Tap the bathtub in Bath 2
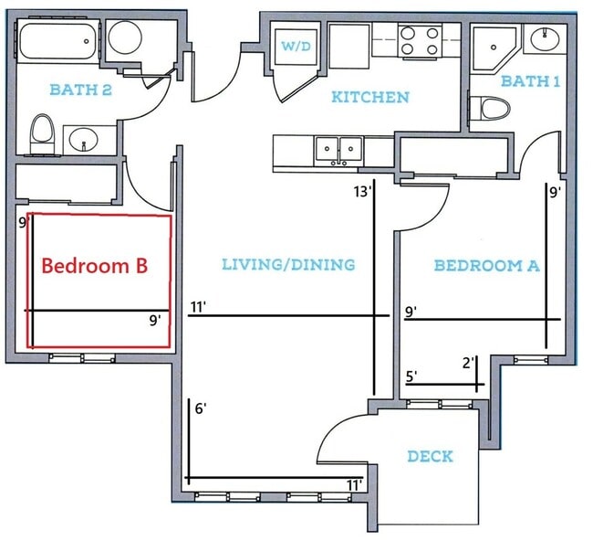click(57, 43)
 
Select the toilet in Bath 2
click(42, 134)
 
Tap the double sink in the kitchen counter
click(338, 149)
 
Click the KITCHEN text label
click(369, 97)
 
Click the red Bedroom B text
click(95, 266)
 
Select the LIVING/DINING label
click(287, 265)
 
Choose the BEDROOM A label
click(486, 266)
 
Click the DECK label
click(430, 456)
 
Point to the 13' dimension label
click(363, 192)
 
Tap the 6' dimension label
click(201, 408)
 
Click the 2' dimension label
click(469, 363)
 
